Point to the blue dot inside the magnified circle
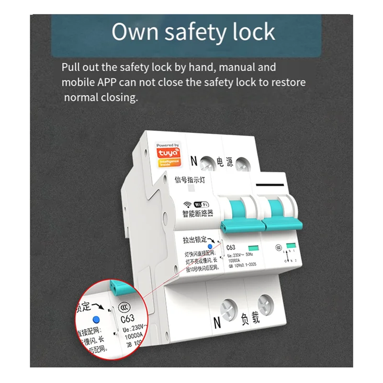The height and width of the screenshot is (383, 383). coord(96,319)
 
